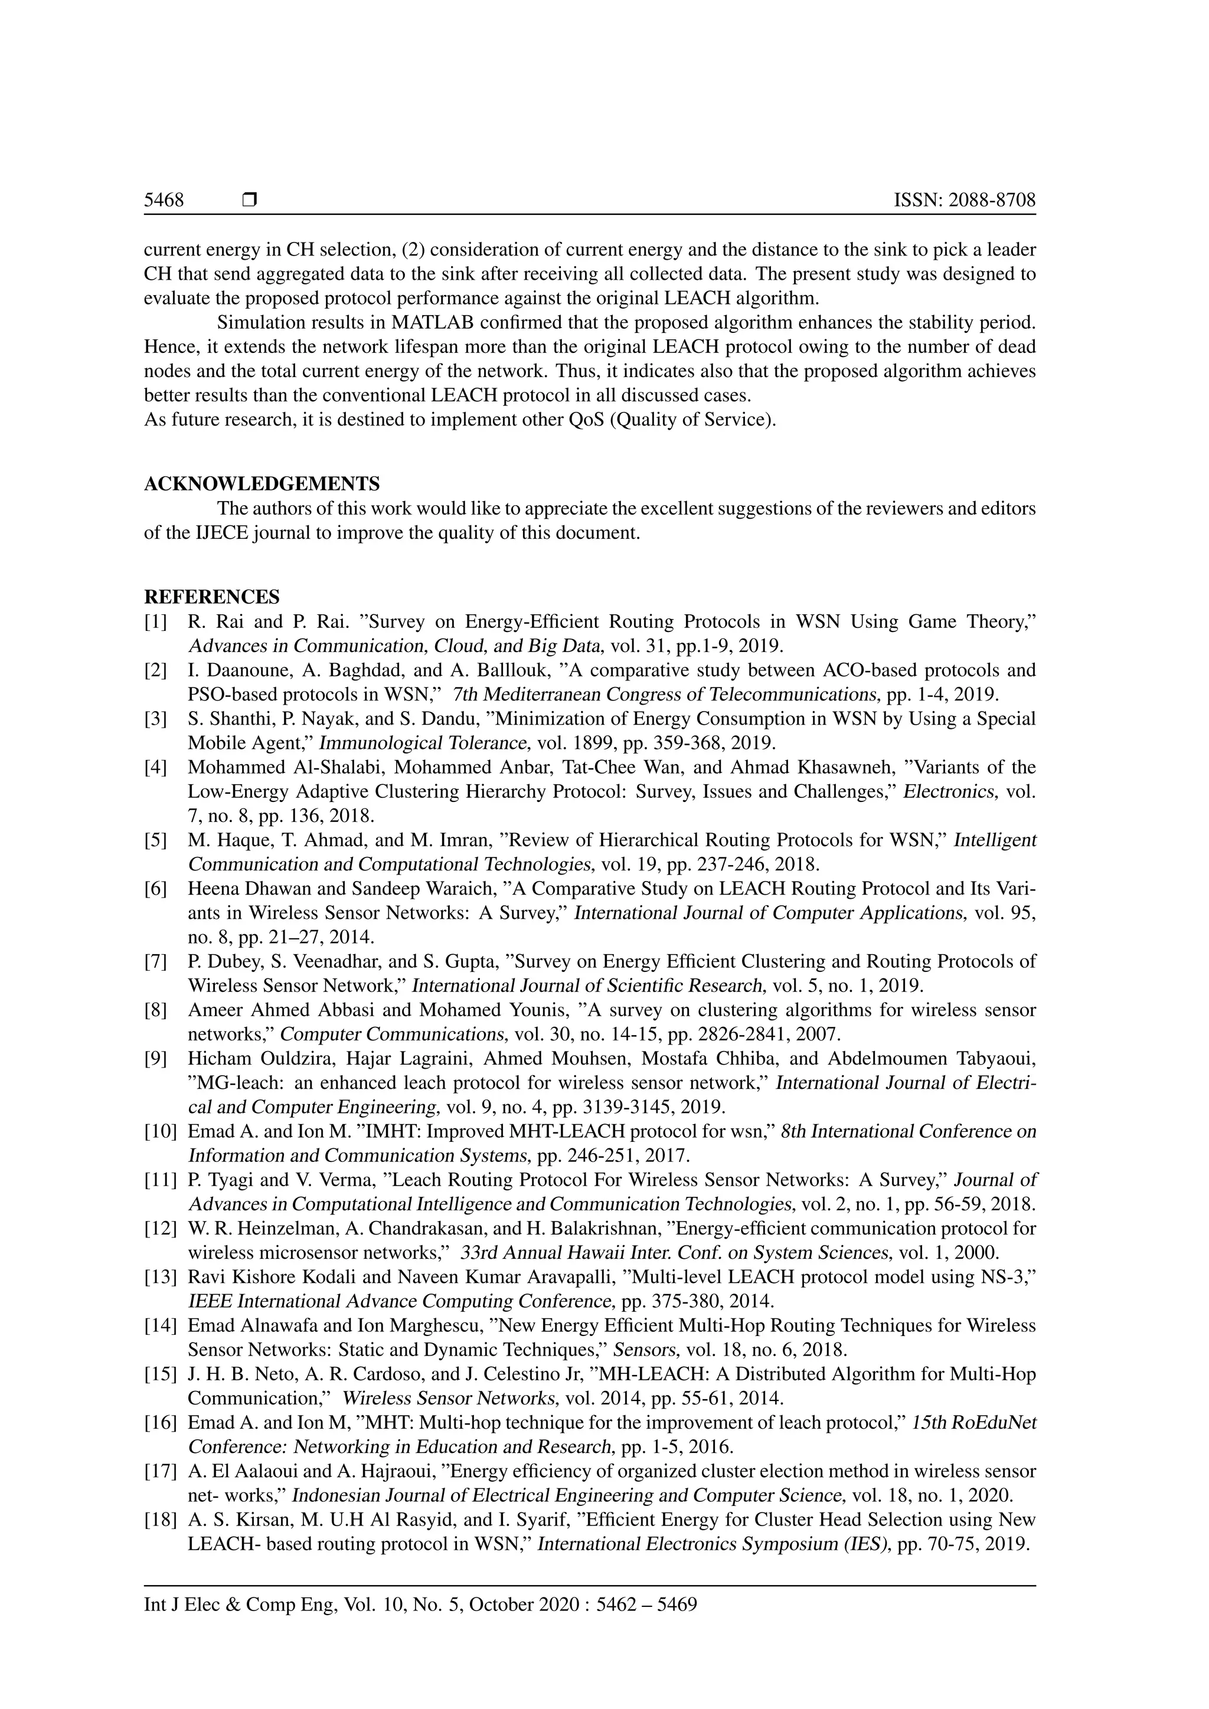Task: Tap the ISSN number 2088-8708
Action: [x=992, y=200]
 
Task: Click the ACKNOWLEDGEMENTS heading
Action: [x=262, y=484]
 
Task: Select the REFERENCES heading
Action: [x=211, y=597]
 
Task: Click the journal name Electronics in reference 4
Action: [x=947, y=791]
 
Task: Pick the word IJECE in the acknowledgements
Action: [x=220, y=533]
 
